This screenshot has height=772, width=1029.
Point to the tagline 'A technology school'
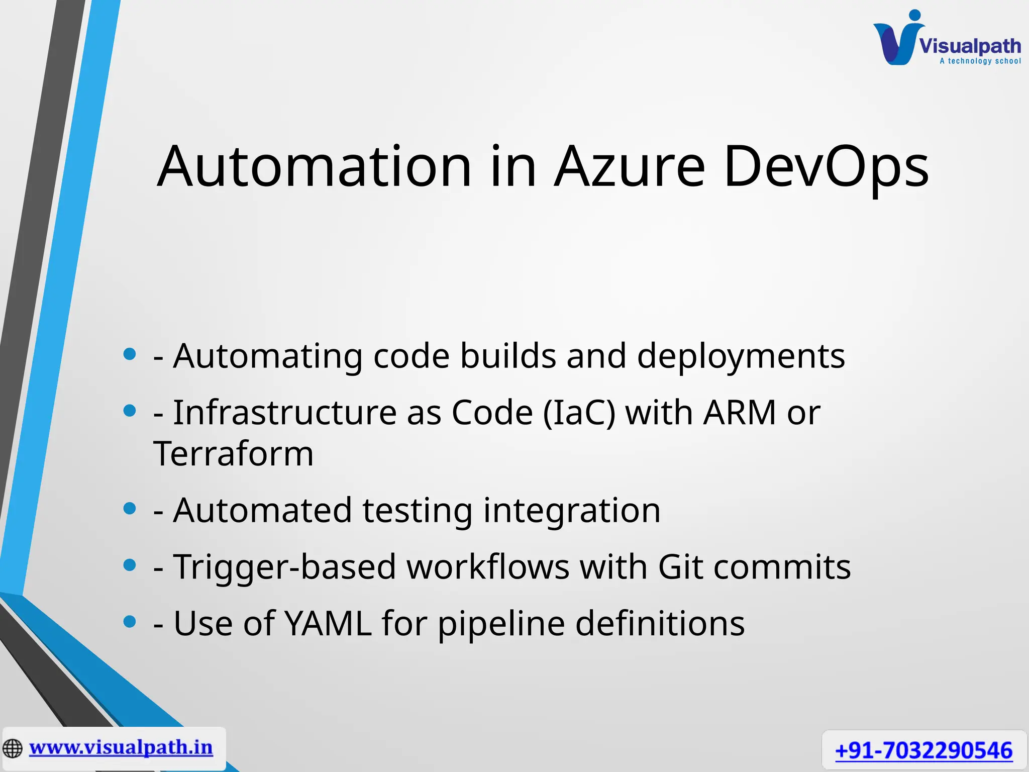click(980, 61)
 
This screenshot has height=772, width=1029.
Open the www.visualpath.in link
click(121, 747)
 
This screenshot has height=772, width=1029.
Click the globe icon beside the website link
click(13, 748)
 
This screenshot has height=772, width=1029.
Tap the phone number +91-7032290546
click(923, 751)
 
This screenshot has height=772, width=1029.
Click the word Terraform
click(234, 453)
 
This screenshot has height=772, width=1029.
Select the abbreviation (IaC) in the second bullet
click(579, 413)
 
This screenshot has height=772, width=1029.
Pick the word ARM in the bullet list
click(740, 413)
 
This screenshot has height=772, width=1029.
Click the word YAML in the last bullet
click(328, 624)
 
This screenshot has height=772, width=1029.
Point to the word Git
click(680, 567)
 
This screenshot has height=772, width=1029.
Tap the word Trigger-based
click(284, 567)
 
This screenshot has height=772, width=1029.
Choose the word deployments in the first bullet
click(741, 356)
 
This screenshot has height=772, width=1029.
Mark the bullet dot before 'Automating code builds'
click(130, 354)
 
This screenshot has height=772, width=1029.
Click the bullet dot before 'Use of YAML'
click(130, 622)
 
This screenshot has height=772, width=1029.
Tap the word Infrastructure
click(285, 413)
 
